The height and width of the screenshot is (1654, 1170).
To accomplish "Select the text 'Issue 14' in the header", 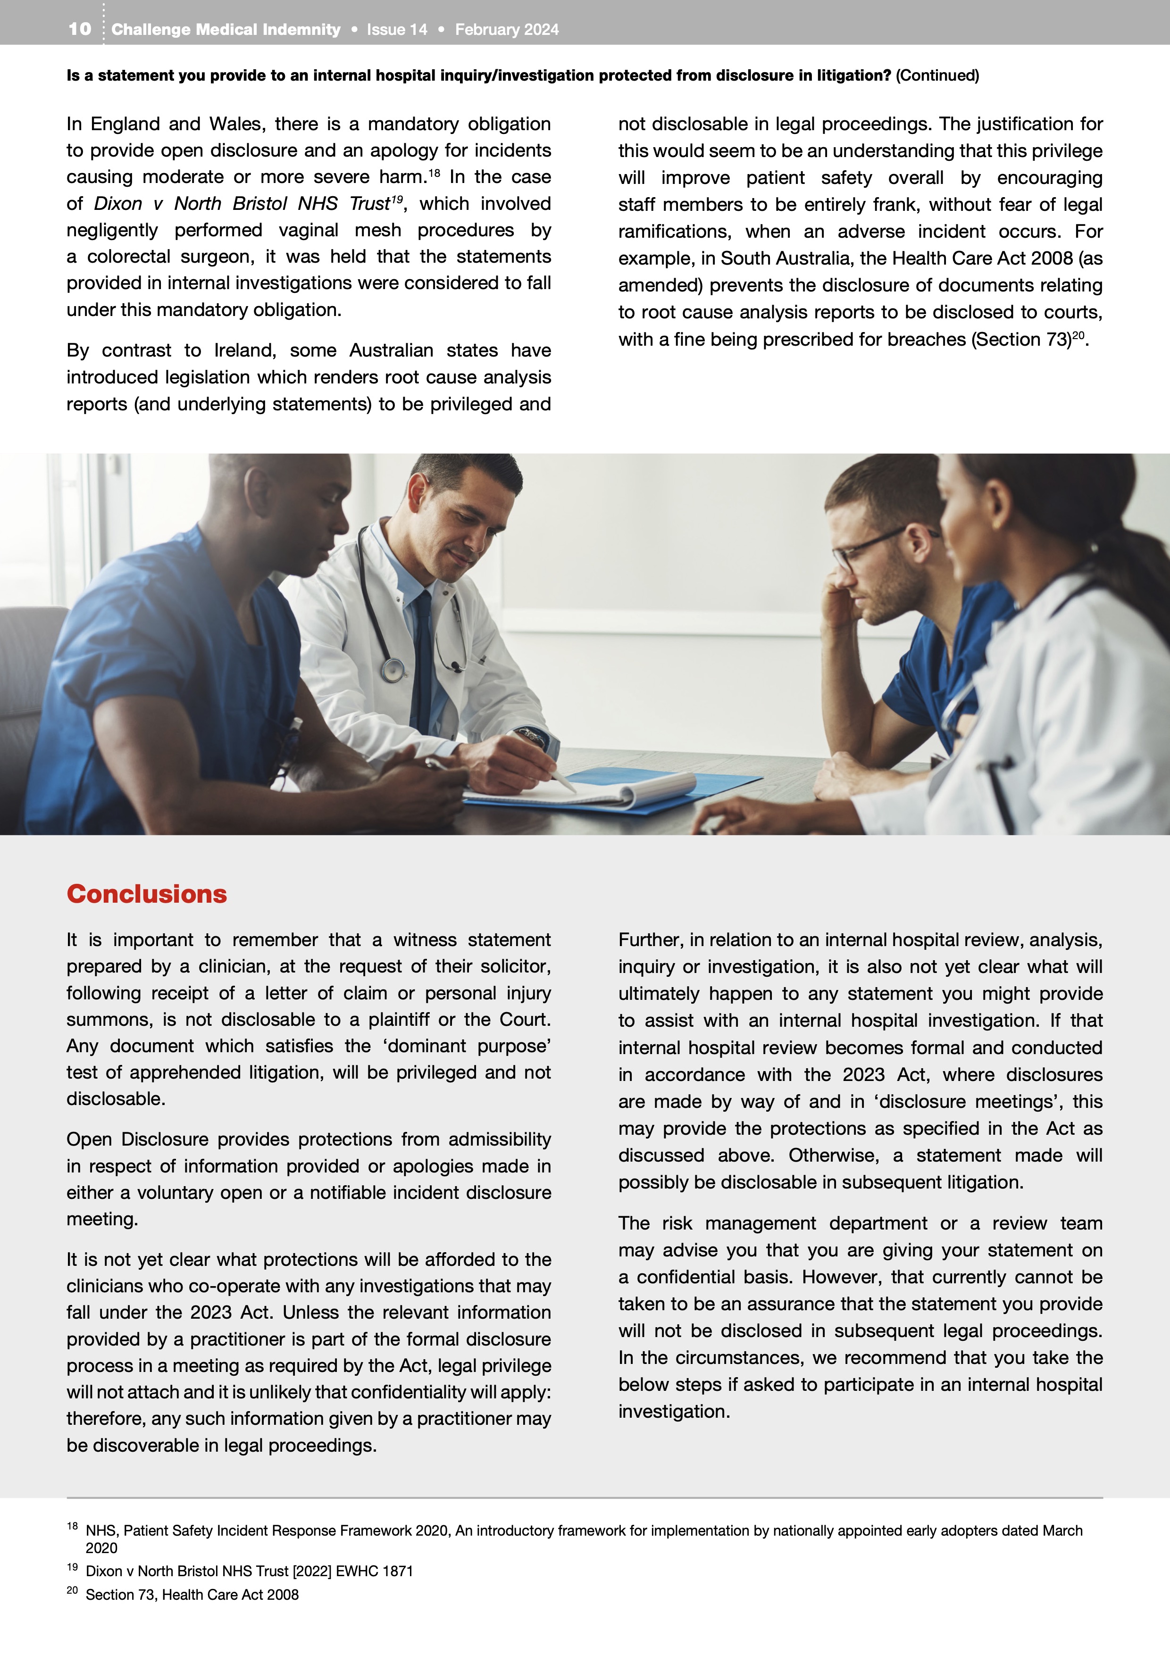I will (x=397, y=30).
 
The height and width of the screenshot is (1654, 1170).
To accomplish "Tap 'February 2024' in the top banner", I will (x=507, y=30).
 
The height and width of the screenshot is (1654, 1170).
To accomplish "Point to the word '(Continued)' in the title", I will (x=937, y=75).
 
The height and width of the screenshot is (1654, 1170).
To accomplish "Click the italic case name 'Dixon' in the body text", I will (x=118, y=204).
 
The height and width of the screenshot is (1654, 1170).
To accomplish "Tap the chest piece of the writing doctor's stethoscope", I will (x=393, y=670).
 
